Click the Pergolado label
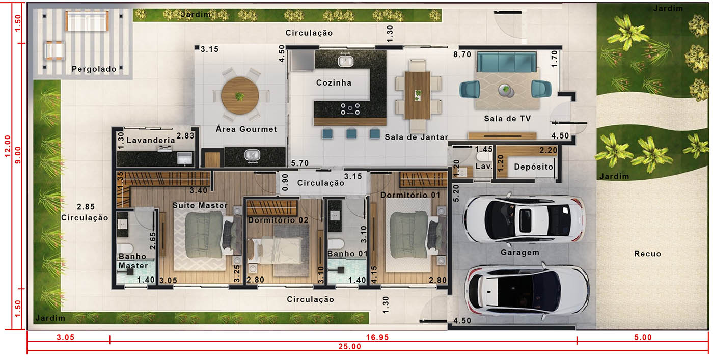click(94, 69)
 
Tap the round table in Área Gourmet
click(240, 96)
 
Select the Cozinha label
click(334, 83)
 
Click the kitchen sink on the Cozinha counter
click(346, 61)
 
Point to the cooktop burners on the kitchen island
click(350, 109)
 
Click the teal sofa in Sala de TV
click(507, 63)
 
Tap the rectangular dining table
click(417, 95)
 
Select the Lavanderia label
click(151, 141)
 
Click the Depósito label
click(534, 167)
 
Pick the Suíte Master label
click(200, 205)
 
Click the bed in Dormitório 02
click(275, 251)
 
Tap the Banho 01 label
click(347, 254)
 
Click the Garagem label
click(520, 253)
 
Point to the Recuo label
click(647, 254)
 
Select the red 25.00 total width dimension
click(349, 347)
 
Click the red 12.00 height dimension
click(8, 146)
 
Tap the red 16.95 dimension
click(377, 337)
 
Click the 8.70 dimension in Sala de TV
click(462, 54)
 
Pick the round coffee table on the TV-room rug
click(506, 90)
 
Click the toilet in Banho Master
click(125, 249)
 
